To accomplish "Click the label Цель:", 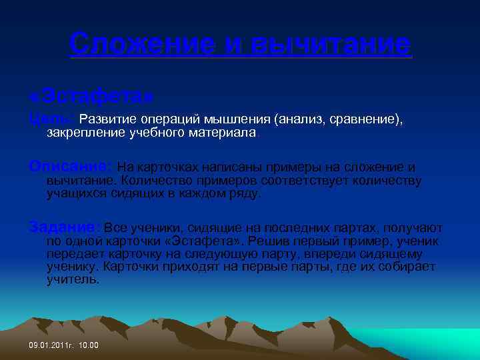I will (51, 119).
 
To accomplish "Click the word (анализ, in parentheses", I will (297, 119).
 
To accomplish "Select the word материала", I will (223, 133).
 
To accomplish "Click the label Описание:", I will (71, 167).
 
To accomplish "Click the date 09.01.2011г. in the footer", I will (51, 345).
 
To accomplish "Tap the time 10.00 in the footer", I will (88, 345).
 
